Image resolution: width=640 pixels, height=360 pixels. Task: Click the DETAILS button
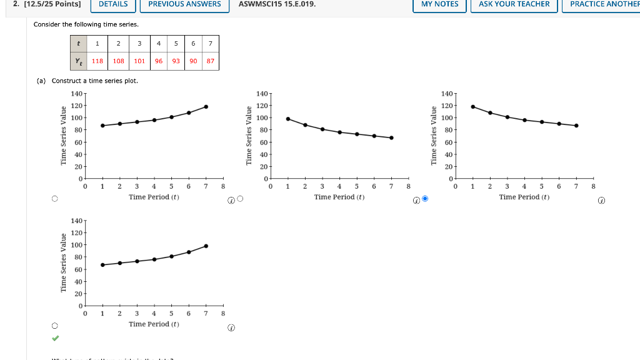(x=113, y=4)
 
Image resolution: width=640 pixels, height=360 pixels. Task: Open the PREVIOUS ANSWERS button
(x=184, y=4)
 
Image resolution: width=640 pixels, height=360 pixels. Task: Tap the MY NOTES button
(x=439, y=4)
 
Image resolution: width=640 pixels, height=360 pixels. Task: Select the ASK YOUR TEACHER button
(x=514, y=4)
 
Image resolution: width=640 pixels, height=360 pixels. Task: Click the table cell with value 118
(x=97, y=61)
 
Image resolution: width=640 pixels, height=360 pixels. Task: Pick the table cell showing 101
(x=139, y=61)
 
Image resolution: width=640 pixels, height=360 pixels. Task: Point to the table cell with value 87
(x=211, y=61)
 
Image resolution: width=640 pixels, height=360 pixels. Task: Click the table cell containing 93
(x=176, y=61)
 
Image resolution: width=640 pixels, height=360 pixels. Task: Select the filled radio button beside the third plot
(x=425, y=199)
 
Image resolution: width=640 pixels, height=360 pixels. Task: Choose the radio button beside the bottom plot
(x=55, y=326)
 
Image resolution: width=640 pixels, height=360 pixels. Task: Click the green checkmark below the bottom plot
(x=55, y=338)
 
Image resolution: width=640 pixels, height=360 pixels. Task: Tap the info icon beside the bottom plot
(x=231, y=327)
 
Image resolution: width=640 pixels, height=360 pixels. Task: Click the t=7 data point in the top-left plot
(x=206, y=107)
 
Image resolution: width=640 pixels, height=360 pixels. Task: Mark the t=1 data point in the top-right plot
(x=472, y=107)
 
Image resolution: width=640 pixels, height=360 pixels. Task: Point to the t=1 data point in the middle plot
(x=287, y=119)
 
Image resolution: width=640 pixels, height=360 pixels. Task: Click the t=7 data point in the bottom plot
(x=206, y=246)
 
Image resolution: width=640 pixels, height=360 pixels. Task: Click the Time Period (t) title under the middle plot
(x=339, y=197)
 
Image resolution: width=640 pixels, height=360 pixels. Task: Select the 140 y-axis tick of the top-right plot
(x=446, y=94)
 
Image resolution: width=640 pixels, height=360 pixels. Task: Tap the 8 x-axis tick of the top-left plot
(x=222, y=186)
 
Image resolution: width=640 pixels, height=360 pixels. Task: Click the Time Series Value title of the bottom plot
(x=63, y=262)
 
